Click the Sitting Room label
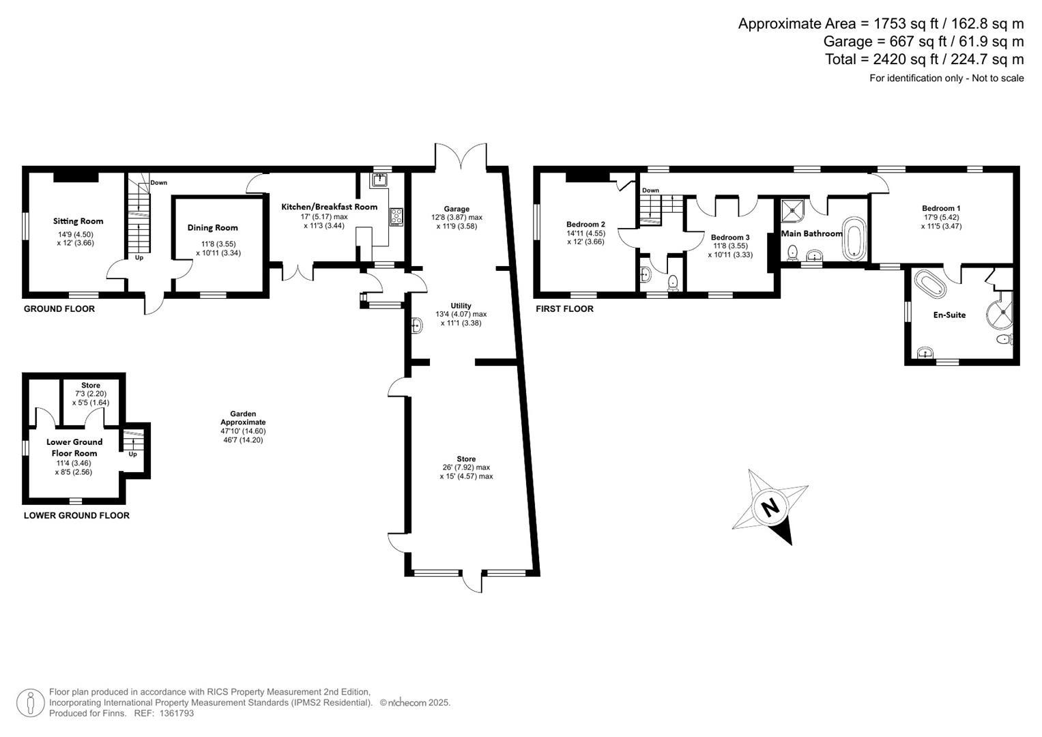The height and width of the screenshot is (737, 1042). pyautogui.click(x=78, y=221)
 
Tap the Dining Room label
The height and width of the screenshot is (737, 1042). pyautogui.click(x=213, y=227)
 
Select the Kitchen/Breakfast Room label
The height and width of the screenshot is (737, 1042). pyautogui.click(x=330, y=207)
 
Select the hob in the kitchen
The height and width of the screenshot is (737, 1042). pyautogui.click(x=396, y=217)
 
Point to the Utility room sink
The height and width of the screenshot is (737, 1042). pyautogui.click(x=417, y=326)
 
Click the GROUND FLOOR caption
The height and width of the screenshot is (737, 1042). pyautogui.click(x=59, y=309)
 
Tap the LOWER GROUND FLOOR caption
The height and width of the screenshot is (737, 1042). pyautogui.click(x=76, y=515)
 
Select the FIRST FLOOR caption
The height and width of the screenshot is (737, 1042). pyautogui.click(x=564, y=309)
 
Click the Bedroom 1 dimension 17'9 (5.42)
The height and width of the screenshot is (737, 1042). pyautogui.click(x=942, y=217)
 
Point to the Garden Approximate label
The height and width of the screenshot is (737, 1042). pyautogui.click(x=244, y=418)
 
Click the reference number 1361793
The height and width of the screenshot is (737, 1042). pyautogui.click(x=176, y=713)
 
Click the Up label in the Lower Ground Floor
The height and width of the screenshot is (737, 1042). pyautogui.click(x=132, y=454)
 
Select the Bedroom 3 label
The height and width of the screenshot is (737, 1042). pyautogui.click(x=730, y=237)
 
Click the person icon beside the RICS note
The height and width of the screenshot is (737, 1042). pyautogui.click(x=31, y=703)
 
